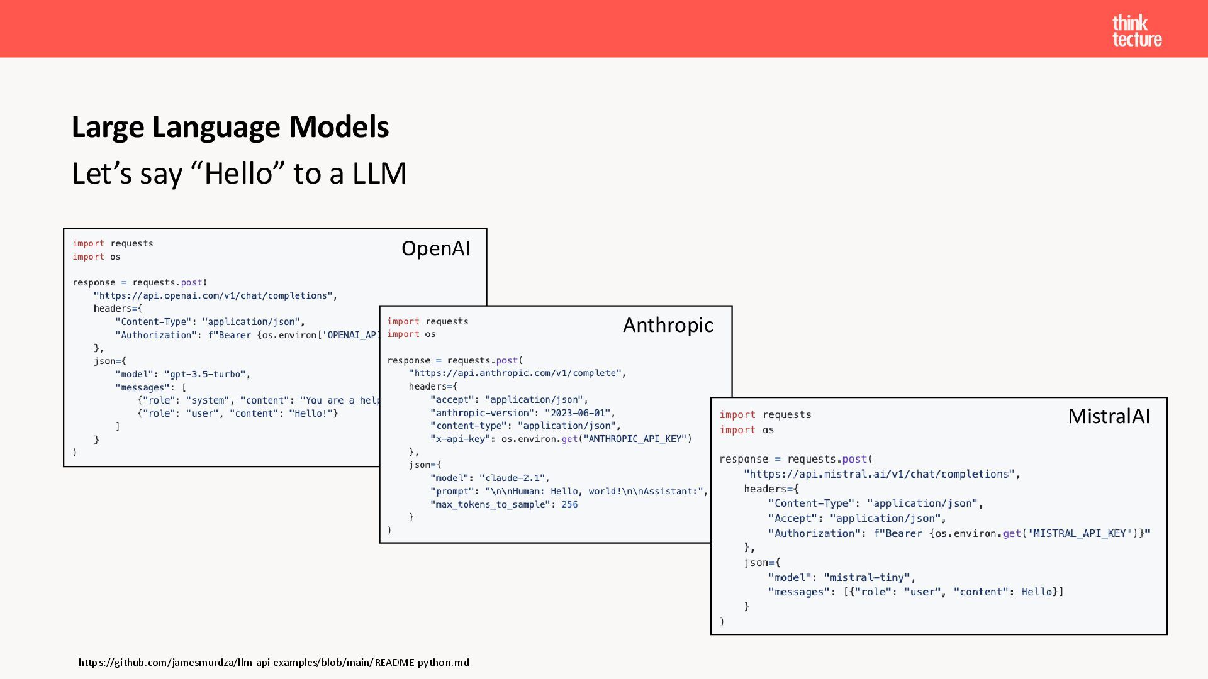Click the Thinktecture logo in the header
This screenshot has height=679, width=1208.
point(1136,31)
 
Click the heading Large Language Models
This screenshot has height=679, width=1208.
point(230,127)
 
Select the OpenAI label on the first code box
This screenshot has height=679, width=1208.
point(435,248)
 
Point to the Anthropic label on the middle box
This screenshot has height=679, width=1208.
point(668,325)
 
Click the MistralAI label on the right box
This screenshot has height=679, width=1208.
point(1109,416)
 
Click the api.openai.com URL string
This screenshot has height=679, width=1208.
point(215,295)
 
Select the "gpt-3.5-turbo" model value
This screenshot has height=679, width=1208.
point(206,374)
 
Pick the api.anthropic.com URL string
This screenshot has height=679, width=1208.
point(517,373)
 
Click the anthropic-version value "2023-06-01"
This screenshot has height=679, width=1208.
point(579,412)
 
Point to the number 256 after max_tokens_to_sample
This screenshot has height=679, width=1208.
point(569,504)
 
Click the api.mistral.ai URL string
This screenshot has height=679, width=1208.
point(881,474)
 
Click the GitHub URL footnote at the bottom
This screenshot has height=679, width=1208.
point(274,662)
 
